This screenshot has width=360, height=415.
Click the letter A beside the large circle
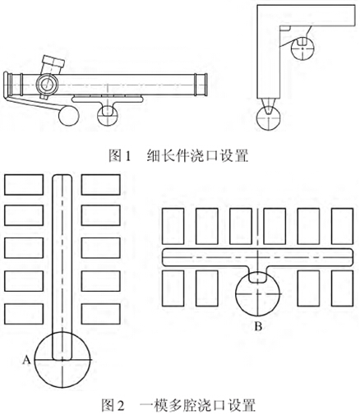pyautogui.click(x=26, y=359)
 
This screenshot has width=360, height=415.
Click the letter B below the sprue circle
pyautogui.click(x=258, y=326)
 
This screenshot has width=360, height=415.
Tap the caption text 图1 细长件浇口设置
pyautogui.click(x=178, y=155)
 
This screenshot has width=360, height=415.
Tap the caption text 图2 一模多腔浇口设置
pyautogui.click(x=178, y=405)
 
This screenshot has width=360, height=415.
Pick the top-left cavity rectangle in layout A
pyautogui.click(x=24, y=185)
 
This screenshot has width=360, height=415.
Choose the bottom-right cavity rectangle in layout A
pyautogui.click(x=101, y=314)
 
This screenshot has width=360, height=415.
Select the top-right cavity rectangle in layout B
pyautogui.click(x=342, y=226)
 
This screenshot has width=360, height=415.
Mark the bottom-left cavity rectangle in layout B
pyautogui.click(x=173, y=288)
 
